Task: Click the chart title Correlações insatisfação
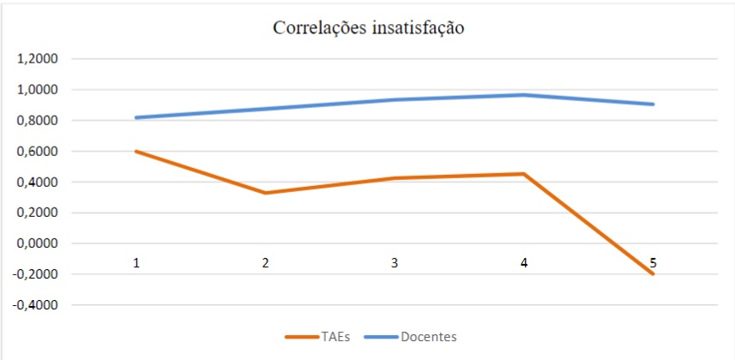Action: (368, 28)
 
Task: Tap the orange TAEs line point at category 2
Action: (266, 193)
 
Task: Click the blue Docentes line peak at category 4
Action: (524, 94)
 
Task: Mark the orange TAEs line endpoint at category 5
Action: (653, 274)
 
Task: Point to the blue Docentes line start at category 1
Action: (136, 117)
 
